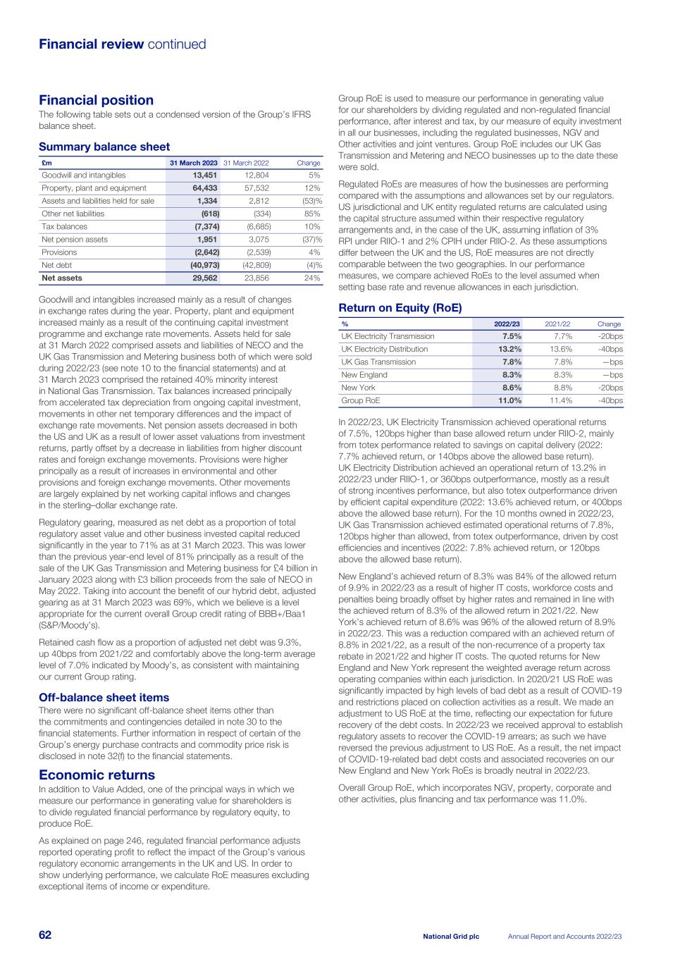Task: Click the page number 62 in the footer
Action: pos(45,935)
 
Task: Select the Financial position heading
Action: pos(96,100)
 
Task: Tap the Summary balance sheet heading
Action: pos(104,147)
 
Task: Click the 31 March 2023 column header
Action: pos(194,163)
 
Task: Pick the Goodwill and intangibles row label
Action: pos(84,175)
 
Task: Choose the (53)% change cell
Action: pos(309,201)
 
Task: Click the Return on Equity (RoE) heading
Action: pos(400,308)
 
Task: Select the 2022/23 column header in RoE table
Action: pos(507,324)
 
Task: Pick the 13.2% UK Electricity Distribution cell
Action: pos(510,350)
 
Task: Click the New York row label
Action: pos(358,388)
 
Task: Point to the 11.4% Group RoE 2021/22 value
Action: pos(561,400)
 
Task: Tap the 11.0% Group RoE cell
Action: pos(510,400)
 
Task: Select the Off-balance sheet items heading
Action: pos(104,698)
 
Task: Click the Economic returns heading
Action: pos(97,775)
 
